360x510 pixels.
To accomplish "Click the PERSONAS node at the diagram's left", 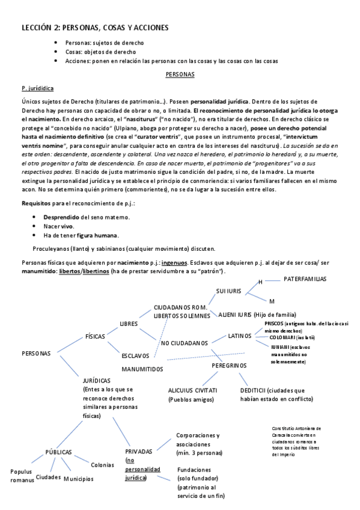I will (x=36, y=353).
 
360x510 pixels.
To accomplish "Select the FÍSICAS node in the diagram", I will (x=97, y=337).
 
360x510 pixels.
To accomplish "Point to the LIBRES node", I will (x=129, y=324).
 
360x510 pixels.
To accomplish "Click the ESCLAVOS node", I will (x=135, y=355).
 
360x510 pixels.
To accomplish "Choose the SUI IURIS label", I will (x=228, y=291).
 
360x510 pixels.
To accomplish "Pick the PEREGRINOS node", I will (x=229, y=365).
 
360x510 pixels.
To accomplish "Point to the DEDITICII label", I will (x=253, y=390).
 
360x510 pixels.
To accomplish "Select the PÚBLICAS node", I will (x=59, y=452).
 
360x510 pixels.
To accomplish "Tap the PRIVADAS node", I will (x=139, y=451).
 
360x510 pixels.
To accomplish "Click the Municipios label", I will (x=79, y=479).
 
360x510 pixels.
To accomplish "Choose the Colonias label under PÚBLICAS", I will (x=102, y=465).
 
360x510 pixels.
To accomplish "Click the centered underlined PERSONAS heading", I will (x=180, y=75).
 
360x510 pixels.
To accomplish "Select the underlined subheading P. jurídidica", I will (x=37, y=88).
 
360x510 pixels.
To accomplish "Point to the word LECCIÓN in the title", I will (x=36, y=28).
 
